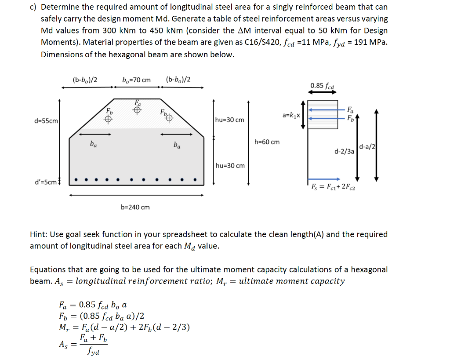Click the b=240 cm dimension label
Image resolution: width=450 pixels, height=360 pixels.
(135, 207)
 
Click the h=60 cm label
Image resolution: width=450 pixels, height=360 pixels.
(267, 142)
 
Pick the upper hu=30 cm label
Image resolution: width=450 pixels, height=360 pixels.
(230, 120)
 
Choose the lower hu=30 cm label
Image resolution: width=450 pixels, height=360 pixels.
(230, 166)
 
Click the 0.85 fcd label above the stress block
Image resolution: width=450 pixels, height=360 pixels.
(322, 86)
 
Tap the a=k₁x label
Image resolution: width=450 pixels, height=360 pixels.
(291, 115)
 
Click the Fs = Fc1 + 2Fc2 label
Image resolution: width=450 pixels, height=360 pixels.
(333, 188)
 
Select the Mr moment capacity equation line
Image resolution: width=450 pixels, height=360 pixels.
(124, 327)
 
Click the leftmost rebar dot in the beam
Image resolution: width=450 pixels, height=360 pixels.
(76, 180)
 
